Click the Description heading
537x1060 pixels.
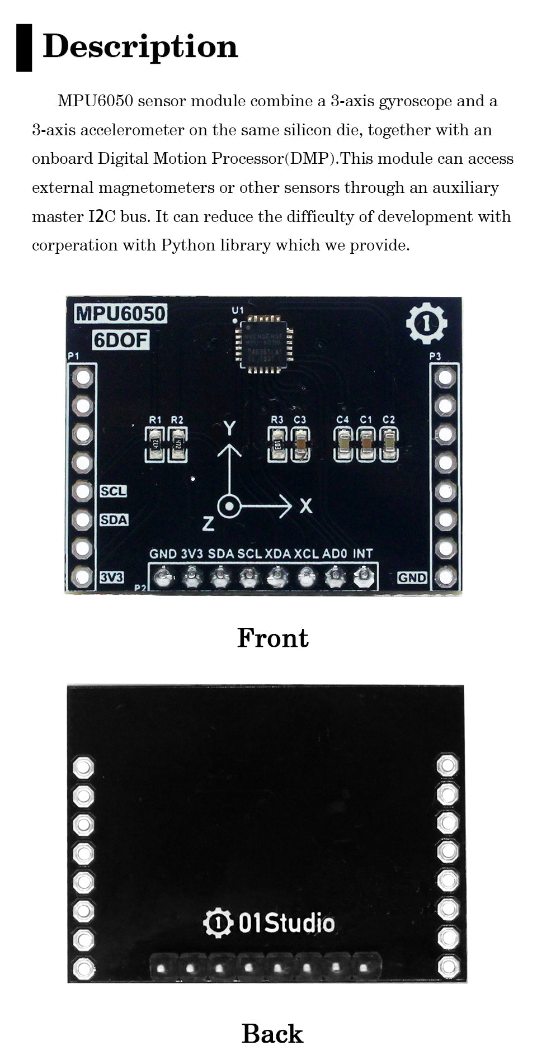point(140,47)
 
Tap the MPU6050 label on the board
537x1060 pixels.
point(121,314)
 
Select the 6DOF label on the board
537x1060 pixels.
point(121,339)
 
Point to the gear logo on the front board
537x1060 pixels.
point(427,323)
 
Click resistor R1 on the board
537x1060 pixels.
point(155,444)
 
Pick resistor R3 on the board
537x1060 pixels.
point(277,444)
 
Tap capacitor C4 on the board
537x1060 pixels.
point(343,444)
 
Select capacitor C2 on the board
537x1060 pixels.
point(389,444)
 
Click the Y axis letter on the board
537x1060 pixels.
point(229,428)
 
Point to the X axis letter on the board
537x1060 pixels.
point(305,507)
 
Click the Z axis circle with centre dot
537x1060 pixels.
point(229,507)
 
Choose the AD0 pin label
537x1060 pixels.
point(335,554)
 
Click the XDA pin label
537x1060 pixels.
point(278,554)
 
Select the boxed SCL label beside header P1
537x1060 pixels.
point(114,491)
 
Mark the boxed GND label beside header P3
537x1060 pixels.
point(412,578)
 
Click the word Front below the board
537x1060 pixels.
point(272,638)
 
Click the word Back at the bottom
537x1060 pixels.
point(272,1034)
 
